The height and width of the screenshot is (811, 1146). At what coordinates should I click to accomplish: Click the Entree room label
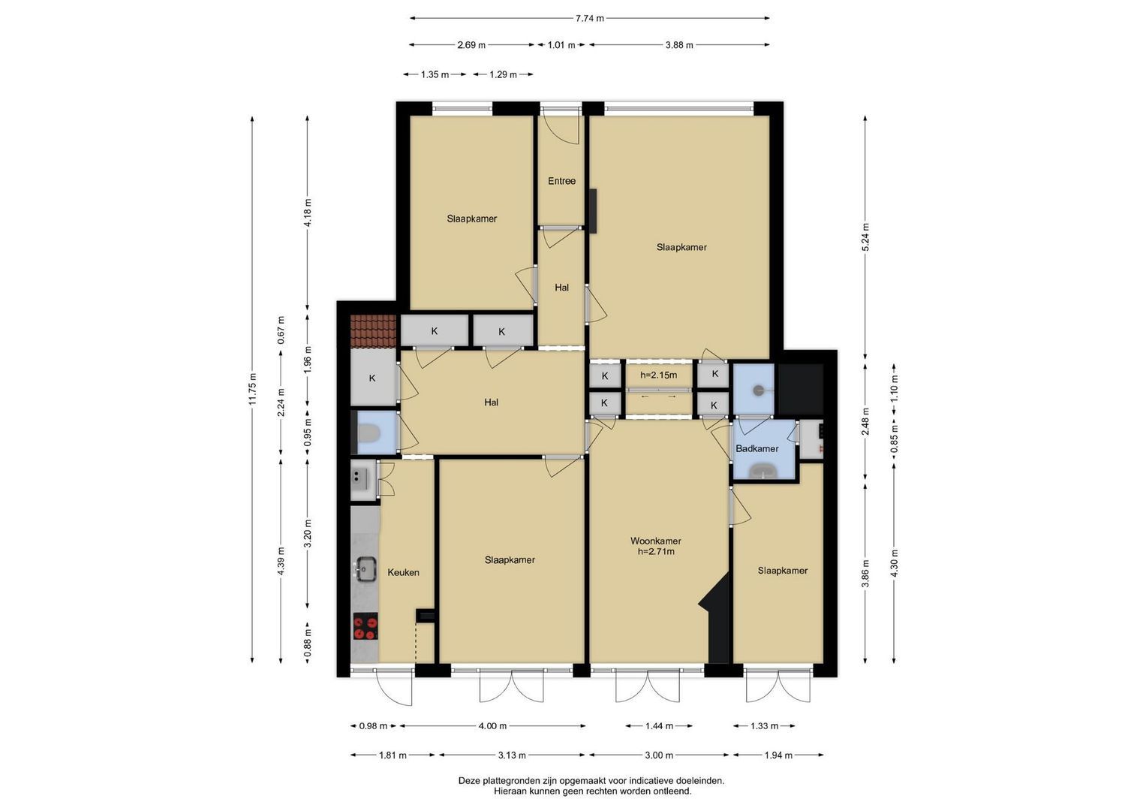tap(561, 181)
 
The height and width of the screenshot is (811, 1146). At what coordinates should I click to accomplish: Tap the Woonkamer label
tap(655, 541)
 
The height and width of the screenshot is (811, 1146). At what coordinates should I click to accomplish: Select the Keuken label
tap(403, 572)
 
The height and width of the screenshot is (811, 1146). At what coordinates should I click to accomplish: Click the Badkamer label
tap(756, 448)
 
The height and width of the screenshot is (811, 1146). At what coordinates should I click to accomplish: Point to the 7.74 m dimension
tap(589, 19)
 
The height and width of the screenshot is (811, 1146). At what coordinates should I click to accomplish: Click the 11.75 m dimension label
tap(252, 390)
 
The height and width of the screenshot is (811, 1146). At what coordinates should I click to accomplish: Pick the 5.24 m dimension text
tap(865, 237)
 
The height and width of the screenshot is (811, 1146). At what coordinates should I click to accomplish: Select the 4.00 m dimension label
tap(492, 726)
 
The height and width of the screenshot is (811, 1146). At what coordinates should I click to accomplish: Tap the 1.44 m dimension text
tap(659, 726)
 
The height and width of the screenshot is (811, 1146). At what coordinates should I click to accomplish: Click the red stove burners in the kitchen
tap(365, 626)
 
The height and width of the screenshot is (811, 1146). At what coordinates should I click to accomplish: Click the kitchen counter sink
tap(365, 569)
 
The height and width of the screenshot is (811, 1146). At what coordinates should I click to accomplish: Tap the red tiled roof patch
tap(373, 331)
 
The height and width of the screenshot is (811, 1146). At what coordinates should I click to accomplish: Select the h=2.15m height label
tap(658, 375)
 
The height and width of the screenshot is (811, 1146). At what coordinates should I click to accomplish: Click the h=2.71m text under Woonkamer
tap(655, 552)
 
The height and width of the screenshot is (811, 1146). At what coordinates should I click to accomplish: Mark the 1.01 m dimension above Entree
tap(561, 45)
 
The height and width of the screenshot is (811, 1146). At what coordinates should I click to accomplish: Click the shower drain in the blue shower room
tap(758, 390)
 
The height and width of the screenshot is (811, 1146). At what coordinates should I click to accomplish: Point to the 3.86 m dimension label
tap(865, 571)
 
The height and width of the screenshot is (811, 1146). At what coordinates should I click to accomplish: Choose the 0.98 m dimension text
tap(373, 726)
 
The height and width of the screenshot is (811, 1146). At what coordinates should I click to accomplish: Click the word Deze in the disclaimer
tap(469, 781)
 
